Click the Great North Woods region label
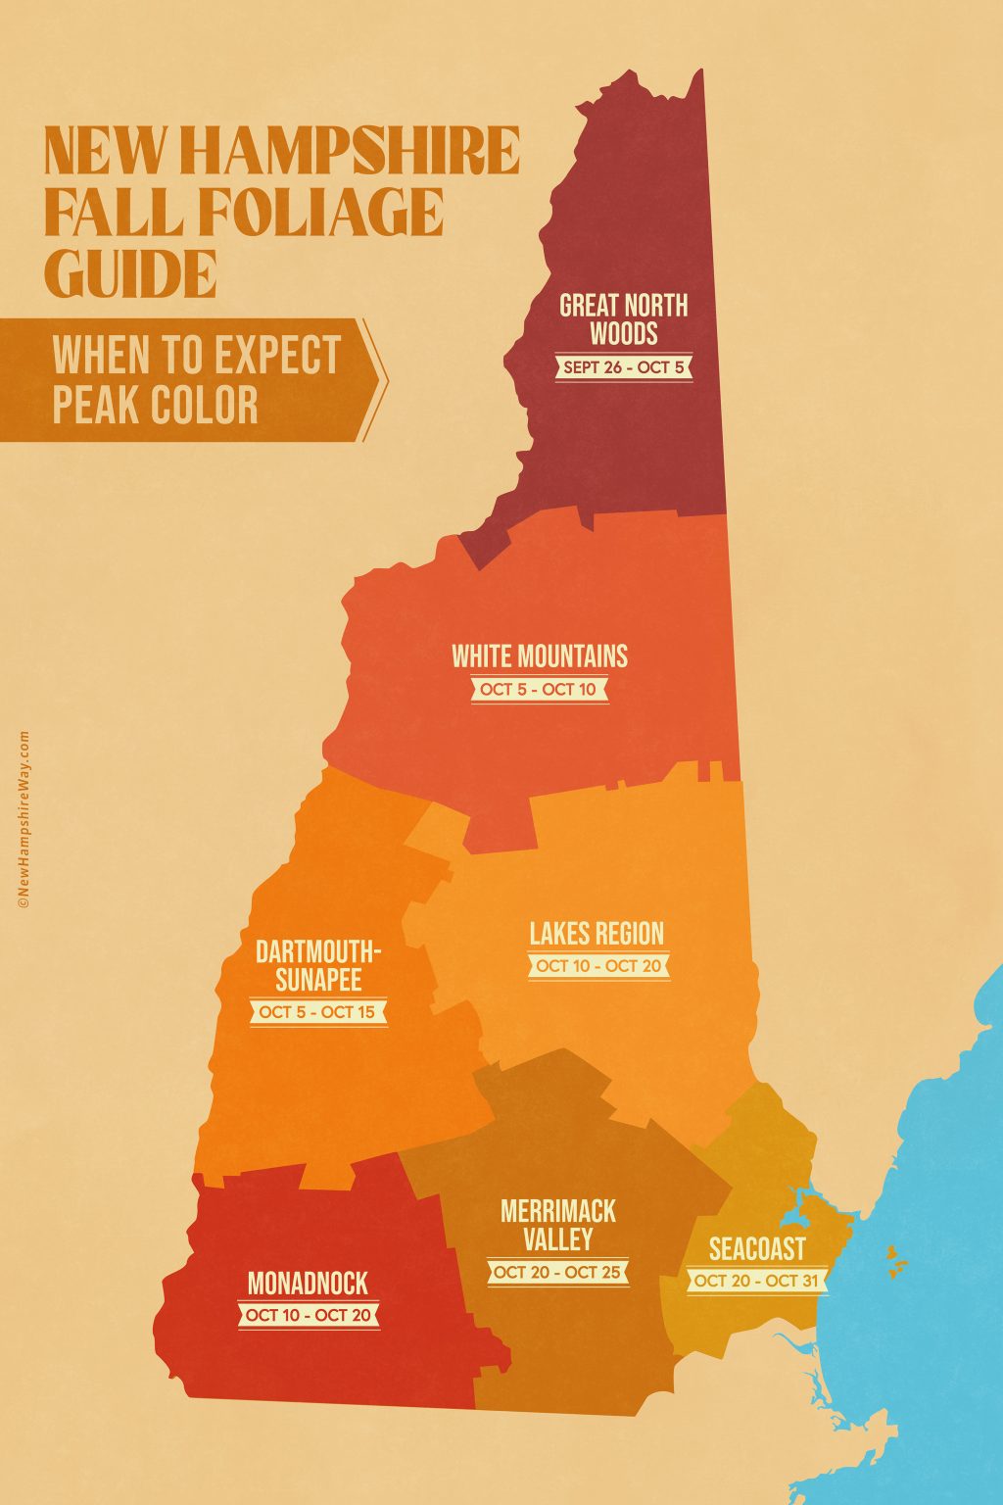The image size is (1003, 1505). coord(624,319)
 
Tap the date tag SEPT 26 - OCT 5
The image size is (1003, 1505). coord(624,367)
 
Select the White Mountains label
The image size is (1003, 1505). coord(540,655)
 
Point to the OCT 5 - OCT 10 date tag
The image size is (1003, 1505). coord(538,689)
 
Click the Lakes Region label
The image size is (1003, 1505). coord(597,933)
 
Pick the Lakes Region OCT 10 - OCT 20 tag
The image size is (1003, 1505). coord(597,966)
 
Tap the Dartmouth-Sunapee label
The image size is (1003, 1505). coord(318,965)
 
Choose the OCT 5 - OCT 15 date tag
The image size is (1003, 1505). coord(317,1012)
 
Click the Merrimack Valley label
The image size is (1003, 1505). coord(557,1225)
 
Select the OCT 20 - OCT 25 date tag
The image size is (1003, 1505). coord(558,1273)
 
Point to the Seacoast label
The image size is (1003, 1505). coord(757,1248)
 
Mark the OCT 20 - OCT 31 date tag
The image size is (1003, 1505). coord(757,1281)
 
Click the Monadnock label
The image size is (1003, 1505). coord(308,1283)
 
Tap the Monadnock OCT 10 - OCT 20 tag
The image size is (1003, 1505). coord(309,1315)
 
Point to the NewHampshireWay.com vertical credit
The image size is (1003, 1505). coord(23,819)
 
